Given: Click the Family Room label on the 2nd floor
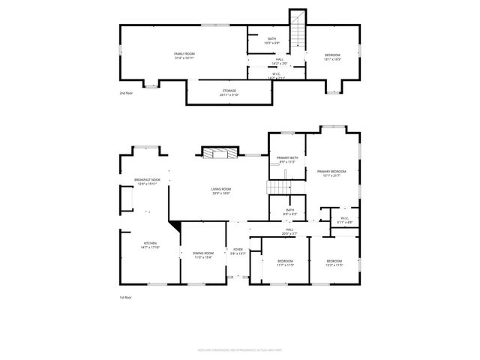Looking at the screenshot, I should pos(184,55).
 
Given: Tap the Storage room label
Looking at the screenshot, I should pos(229,93).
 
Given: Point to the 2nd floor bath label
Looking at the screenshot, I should pos(272,40).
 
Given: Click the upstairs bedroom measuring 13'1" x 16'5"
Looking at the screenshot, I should pos(332,56).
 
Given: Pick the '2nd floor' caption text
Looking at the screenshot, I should pos(125,93).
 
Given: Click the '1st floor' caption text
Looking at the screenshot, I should pos(125,298).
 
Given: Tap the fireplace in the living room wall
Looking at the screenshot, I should pos(220,153).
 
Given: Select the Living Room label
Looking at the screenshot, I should pos(220,190).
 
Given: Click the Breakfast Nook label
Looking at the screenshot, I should pos(145,182).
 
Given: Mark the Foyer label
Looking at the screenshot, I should pos(238,251).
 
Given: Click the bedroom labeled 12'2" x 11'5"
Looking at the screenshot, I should pos(334,263).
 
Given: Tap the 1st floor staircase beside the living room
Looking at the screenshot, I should pos(279,187).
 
